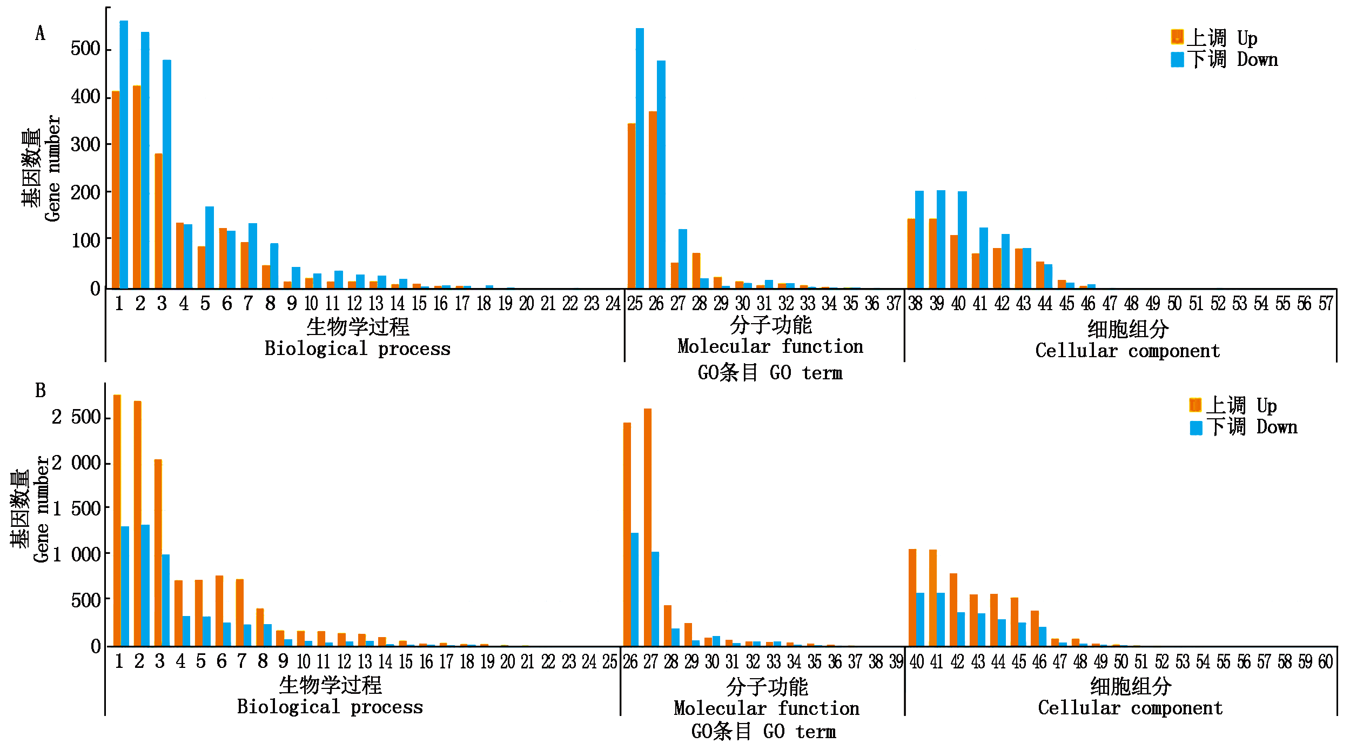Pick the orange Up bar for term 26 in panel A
653,199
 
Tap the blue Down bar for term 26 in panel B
635,589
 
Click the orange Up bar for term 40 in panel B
912,597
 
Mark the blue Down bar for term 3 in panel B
166,600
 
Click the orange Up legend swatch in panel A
1177,37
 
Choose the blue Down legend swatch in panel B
1196,428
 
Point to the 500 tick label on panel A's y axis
85,49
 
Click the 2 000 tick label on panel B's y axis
76,463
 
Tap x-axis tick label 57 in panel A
1326,304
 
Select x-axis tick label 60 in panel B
1325,662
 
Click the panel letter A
40,34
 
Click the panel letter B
41,391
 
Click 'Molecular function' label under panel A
770,346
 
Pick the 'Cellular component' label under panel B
1130,708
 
